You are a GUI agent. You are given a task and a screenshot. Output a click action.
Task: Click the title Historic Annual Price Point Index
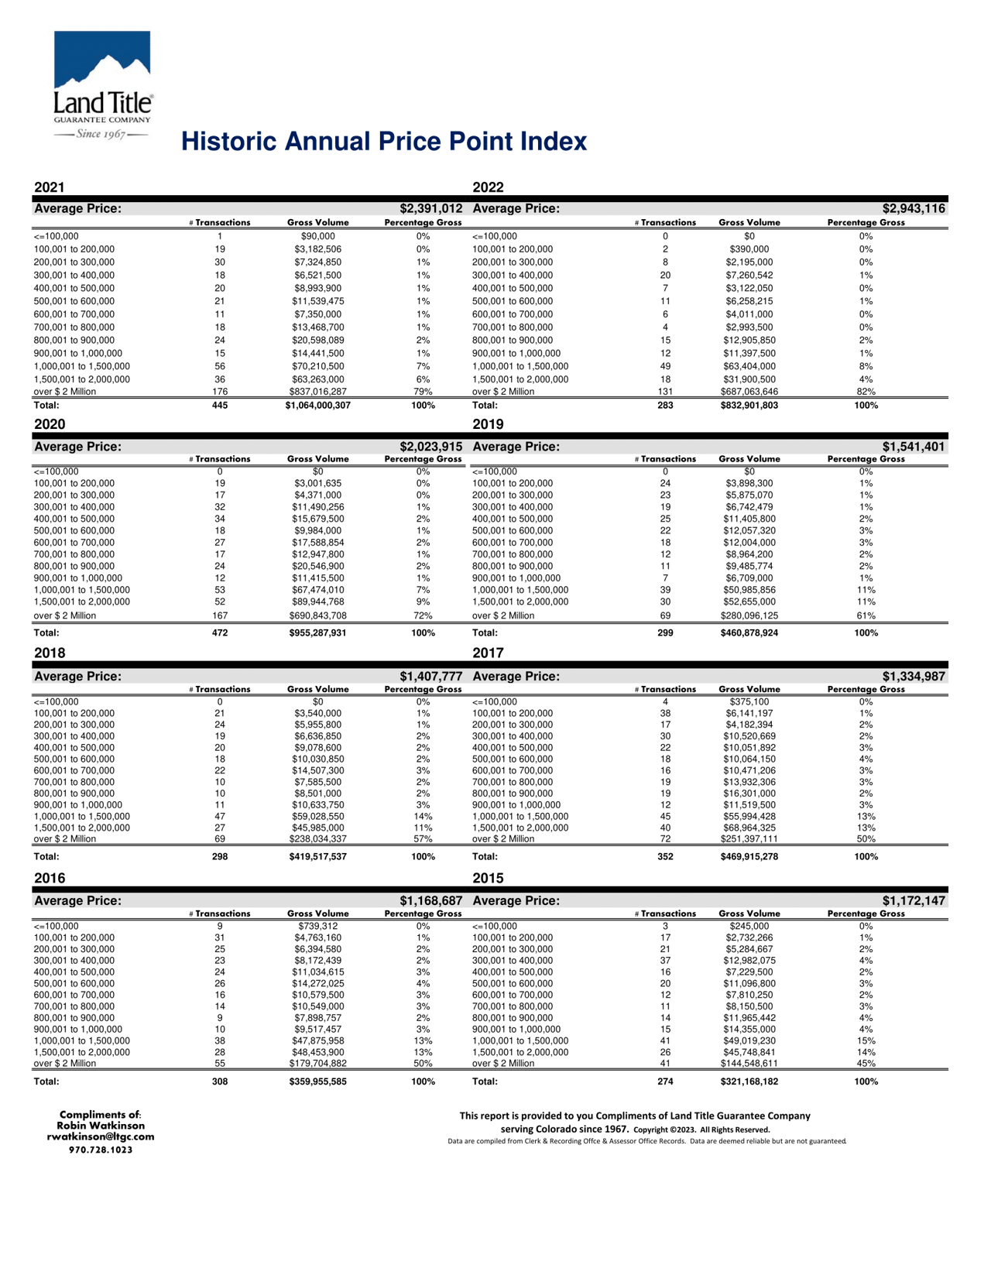tap(384, 142)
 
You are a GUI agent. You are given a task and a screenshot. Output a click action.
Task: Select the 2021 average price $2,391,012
tap(430, 209)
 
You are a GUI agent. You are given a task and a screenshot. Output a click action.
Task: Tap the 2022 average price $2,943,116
tap(914, 209)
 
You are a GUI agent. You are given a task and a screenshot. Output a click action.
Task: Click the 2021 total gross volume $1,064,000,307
tap(317, 406)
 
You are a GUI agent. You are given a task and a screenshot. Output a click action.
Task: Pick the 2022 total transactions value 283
tap(665, 406)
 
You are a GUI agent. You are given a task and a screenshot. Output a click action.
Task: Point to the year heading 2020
tap(50, 424)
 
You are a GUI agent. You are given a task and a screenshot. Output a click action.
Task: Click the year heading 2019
tap(488, 424)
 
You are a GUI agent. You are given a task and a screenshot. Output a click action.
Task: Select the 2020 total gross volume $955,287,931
tap(317, 633)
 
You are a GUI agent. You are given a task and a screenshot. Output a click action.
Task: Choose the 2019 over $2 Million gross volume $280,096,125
tap(749, 616)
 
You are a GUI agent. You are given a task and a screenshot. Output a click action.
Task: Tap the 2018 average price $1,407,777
tap(430, 677)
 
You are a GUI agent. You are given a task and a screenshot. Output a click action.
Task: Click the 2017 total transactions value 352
tap(665, 857)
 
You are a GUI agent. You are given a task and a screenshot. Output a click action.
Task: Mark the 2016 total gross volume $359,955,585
tap(317, 1081)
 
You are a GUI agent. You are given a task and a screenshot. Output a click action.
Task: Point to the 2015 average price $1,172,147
tap(914, 901)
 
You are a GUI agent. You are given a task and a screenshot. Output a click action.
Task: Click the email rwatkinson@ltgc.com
tap(101, 1137)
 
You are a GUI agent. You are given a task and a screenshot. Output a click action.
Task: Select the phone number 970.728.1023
tap(101, 1150)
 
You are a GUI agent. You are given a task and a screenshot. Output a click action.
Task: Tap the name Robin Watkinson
tap(101, 1126)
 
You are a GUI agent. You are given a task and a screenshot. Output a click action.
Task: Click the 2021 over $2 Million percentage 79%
tap(423, 392)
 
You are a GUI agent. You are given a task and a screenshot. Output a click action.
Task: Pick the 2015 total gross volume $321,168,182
tap(749, 1081)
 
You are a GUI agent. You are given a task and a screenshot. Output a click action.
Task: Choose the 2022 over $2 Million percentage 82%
tap(866, 392)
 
